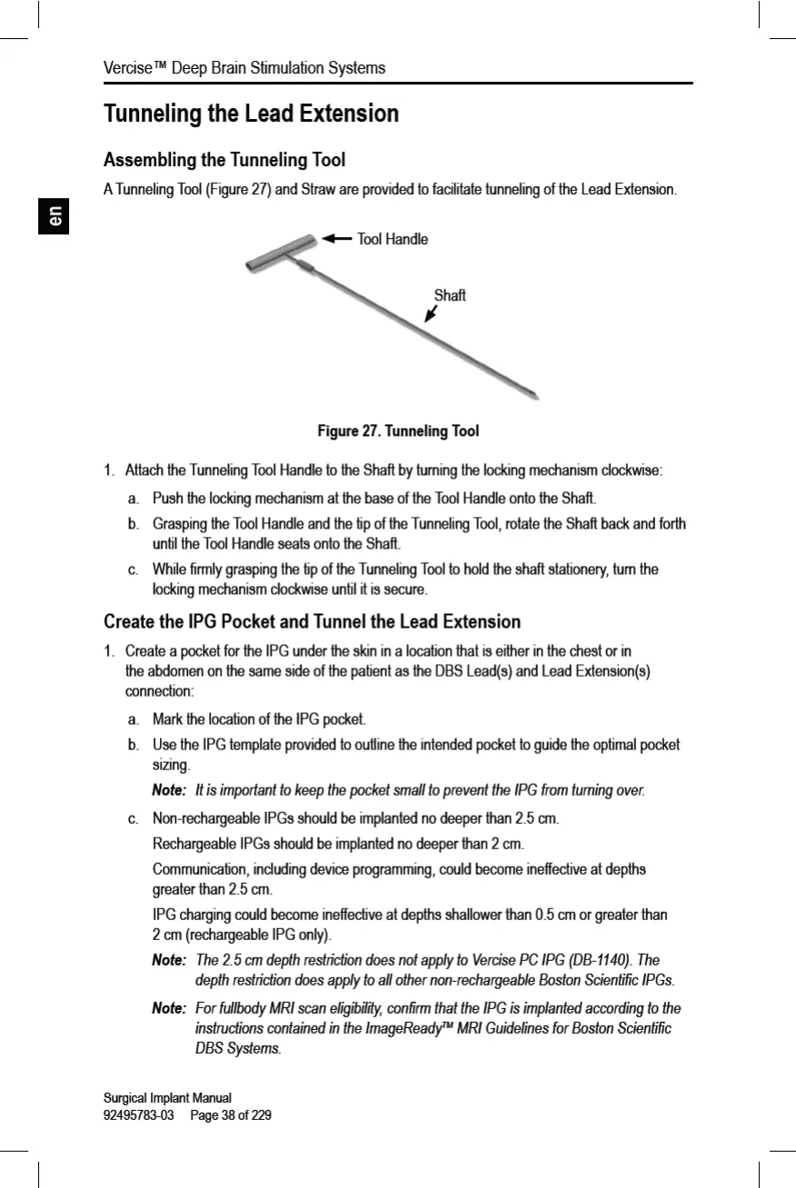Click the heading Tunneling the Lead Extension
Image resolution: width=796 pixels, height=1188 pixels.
[x=252, y=114]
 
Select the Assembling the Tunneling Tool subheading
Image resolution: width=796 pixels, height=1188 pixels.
[x=224, y=161]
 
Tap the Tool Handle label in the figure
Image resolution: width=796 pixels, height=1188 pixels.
[x=393, y=239]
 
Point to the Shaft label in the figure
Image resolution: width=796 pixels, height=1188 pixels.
[x=450, y=295]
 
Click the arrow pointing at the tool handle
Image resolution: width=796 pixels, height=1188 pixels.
[x=337, y=238]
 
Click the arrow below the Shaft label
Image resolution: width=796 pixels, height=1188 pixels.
[x=431, y=313]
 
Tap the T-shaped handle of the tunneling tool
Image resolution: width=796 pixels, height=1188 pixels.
[x=282, y=252]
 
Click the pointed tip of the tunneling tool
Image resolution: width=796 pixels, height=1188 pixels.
[x=537, y=394]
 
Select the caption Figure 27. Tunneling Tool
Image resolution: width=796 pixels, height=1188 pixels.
[x=398, y=430]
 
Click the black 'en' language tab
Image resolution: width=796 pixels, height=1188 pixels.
[x=55, y=217]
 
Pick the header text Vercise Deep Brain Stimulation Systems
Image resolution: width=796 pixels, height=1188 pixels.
[x=244, y=68]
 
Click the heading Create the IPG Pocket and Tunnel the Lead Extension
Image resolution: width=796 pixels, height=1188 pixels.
[x=313, y=622]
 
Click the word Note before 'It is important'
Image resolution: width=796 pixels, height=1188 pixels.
[x=169, y=790]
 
